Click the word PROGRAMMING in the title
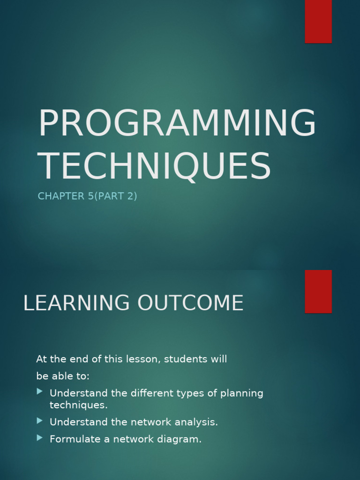(x=177, y=124)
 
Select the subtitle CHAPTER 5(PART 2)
(x=87, y=196)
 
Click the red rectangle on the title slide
(x=318, y=21)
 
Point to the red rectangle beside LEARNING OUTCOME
(x=318, y=291)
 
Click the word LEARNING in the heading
(x=76, y=303)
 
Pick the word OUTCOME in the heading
(x=190, y=303)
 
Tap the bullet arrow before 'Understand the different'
(x=40, y=391)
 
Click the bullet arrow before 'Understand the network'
(x=40, y=420)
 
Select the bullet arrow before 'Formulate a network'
(x=40, y=438)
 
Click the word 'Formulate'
(x=70, y=439)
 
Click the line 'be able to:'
(x=63, y=376)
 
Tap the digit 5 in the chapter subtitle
(x=90, y=196)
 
